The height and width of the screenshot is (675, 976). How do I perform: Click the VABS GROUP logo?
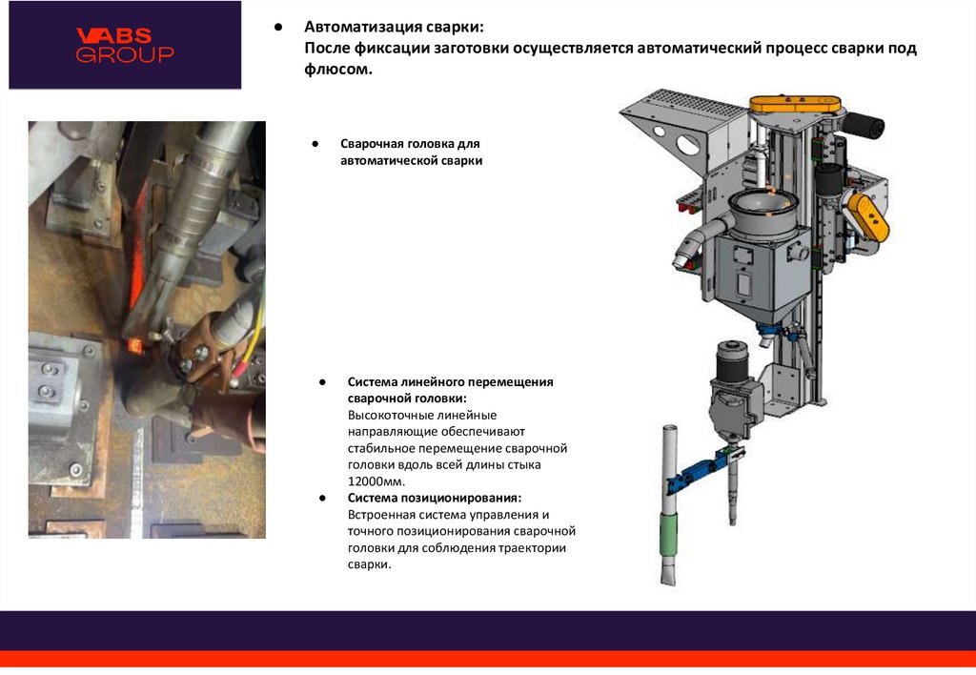point(125,45)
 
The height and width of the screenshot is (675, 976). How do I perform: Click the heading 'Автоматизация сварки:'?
point(394,27)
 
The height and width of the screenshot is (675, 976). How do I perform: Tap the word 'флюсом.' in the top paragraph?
point(338,69)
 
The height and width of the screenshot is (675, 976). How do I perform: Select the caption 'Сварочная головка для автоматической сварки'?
point(411,152)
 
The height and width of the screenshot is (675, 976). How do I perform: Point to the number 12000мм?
point(376,481)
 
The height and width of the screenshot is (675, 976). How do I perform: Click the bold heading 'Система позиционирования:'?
point(435,499)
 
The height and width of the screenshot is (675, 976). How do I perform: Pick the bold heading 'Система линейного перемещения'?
point(450,381)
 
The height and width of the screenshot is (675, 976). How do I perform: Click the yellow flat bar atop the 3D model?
point(795,104)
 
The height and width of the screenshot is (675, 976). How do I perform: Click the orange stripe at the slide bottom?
point(488,660)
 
